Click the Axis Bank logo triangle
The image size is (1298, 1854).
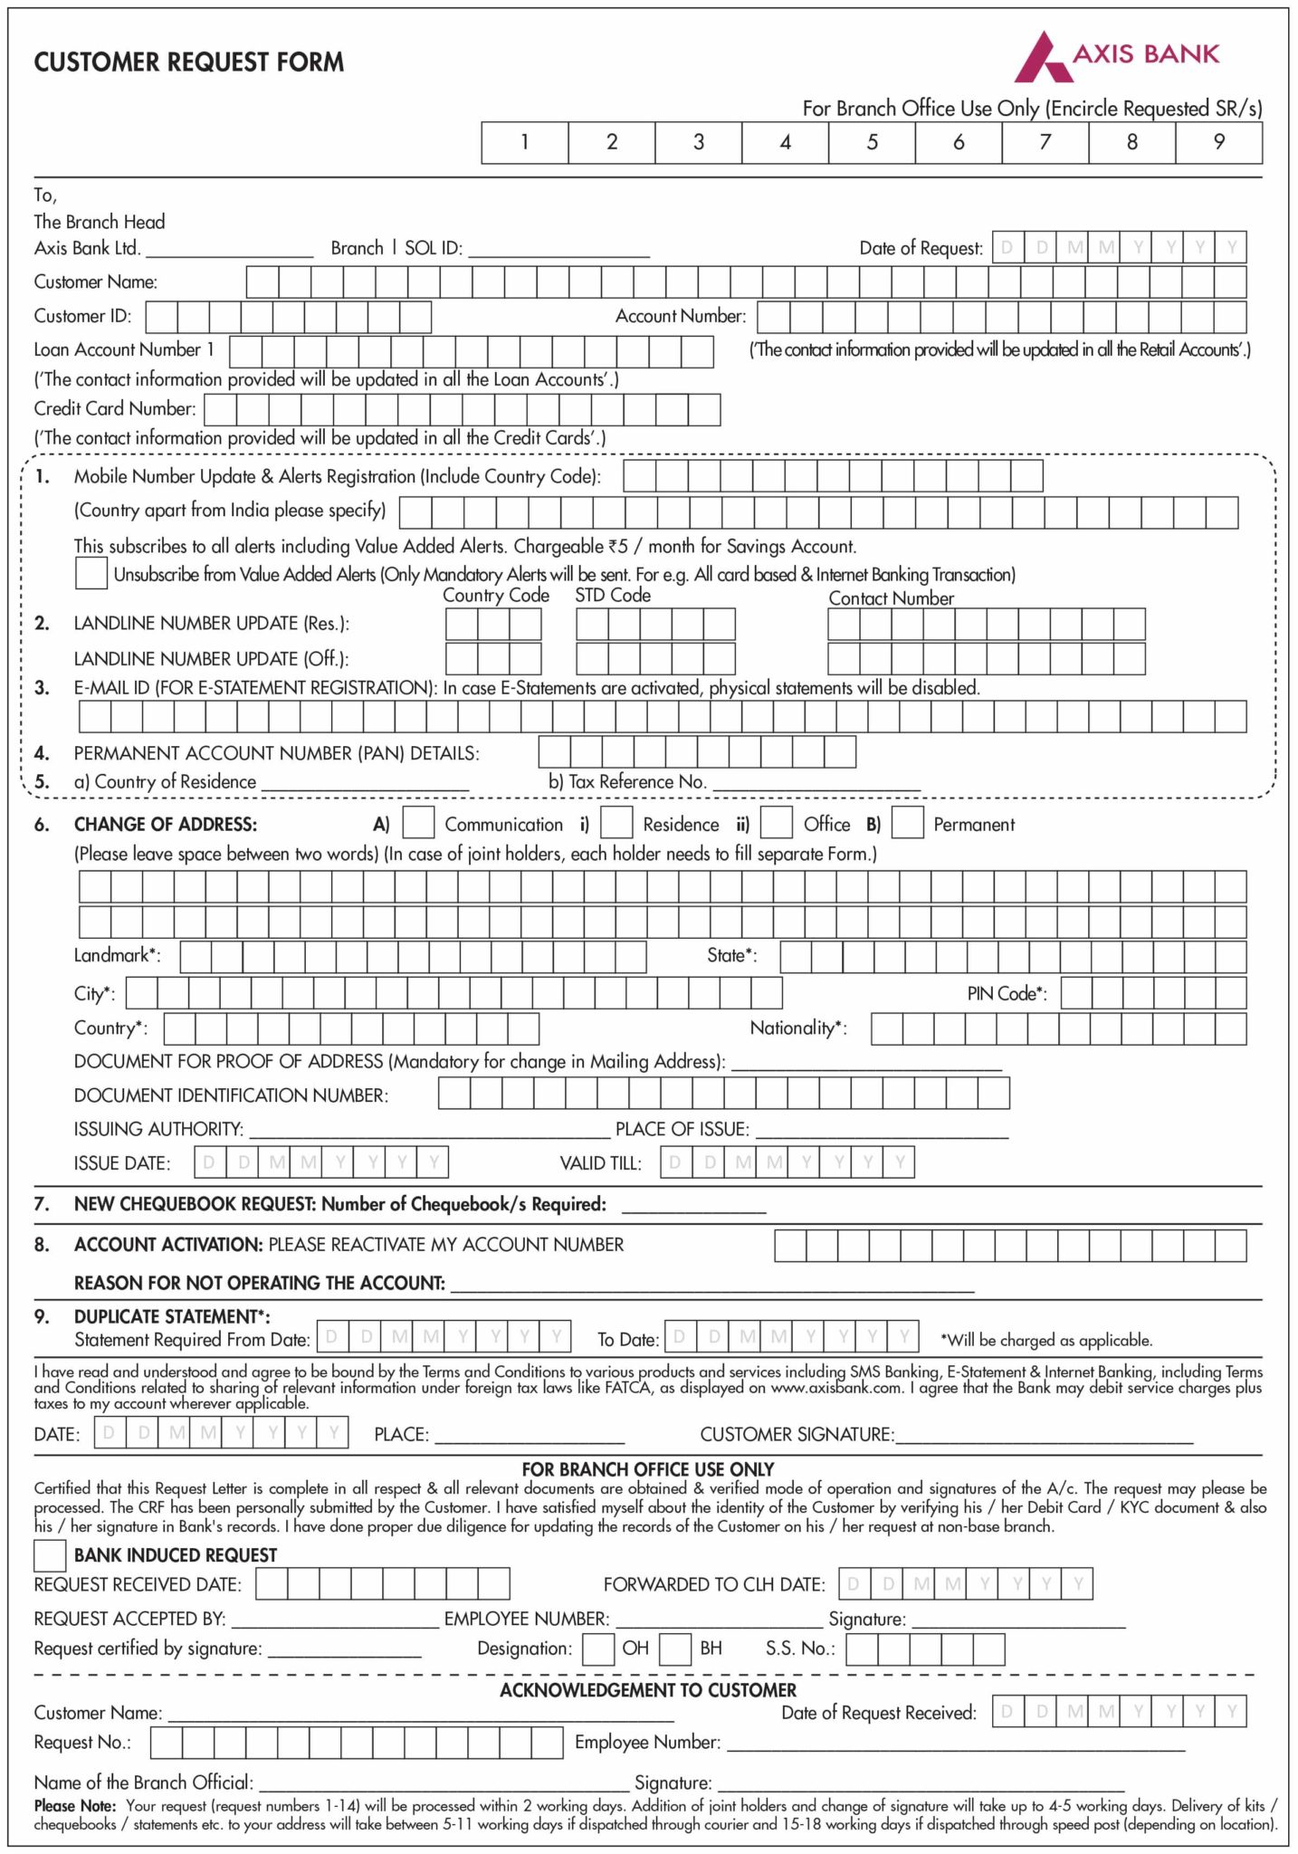1041,60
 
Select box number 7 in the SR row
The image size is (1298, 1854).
1045,142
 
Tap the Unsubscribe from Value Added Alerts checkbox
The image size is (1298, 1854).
91,573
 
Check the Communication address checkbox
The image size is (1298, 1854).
418,823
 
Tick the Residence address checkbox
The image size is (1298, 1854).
616,823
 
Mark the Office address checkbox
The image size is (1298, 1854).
777,823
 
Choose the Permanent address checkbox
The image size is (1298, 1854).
907,823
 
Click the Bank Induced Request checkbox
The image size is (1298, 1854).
50,1555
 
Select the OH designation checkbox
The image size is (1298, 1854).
598,1649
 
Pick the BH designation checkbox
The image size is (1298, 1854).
675,1649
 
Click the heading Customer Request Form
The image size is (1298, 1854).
189,62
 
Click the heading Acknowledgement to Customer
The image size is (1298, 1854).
648,1690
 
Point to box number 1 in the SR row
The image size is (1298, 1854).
525,142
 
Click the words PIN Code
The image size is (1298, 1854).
1007,994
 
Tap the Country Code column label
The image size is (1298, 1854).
496,596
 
